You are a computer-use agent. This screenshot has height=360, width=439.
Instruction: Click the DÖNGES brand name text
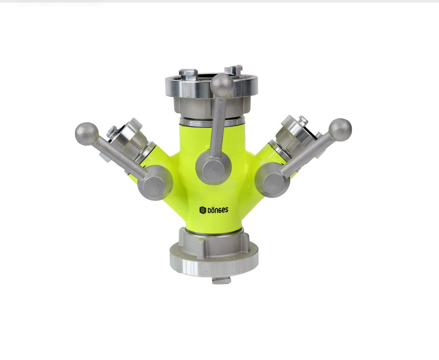218,210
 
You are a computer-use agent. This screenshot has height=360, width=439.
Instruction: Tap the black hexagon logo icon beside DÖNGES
203,210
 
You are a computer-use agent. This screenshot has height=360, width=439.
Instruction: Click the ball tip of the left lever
87,134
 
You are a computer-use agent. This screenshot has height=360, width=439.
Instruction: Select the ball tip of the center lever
222,85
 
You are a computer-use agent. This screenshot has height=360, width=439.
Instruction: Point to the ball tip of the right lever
340,130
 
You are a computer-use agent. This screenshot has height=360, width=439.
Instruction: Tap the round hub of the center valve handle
214,168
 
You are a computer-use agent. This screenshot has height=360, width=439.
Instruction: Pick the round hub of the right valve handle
272,180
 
